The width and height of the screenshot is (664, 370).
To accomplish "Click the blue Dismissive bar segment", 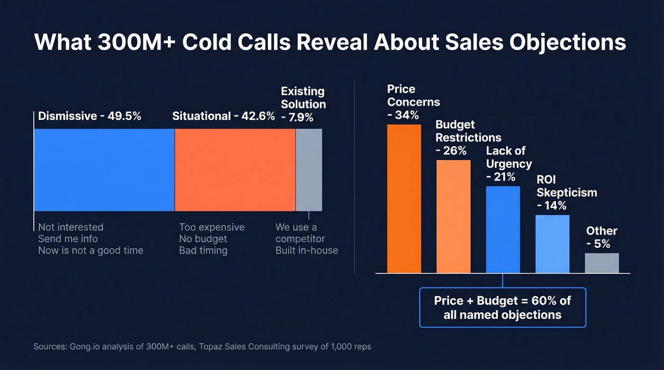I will click(x=104, y=170).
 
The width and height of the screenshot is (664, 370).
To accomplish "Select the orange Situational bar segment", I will click(x=235, y=170).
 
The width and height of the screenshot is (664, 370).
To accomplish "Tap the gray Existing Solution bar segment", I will click(x=309, y=170).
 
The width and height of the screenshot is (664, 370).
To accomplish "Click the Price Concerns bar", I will click(x=404, y=199).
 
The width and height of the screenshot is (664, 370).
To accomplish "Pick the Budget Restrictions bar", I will click(x=453, y=217).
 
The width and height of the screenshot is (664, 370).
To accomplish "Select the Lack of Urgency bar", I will click(x=503, y=230).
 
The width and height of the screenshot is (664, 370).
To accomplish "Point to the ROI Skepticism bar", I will click(x=553, y=244).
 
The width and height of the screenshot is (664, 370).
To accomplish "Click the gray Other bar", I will click(x=602, y=263).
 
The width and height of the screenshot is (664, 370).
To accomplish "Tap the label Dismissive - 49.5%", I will click(x=90, y=116).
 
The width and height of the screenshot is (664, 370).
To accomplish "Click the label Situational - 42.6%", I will click(x=223, y=116).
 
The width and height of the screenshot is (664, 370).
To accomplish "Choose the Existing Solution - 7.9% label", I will click(x=303, y=104).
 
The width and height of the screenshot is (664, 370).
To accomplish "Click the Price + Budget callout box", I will click(x=502, y=307).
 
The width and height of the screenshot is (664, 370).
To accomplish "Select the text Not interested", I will click(x=71, y=227).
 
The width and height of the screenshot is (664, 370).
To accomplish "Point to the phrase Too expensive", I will click(x=212, y=227).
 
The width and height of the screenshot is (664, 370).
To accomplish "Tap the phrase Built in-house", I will click(x=307, y=250).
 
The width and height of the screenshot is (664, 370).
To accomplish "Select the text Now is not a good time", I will click(x=91, y=250).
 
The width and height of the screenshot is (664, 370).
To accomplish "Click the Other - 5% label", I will click(x=601, y=237).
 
